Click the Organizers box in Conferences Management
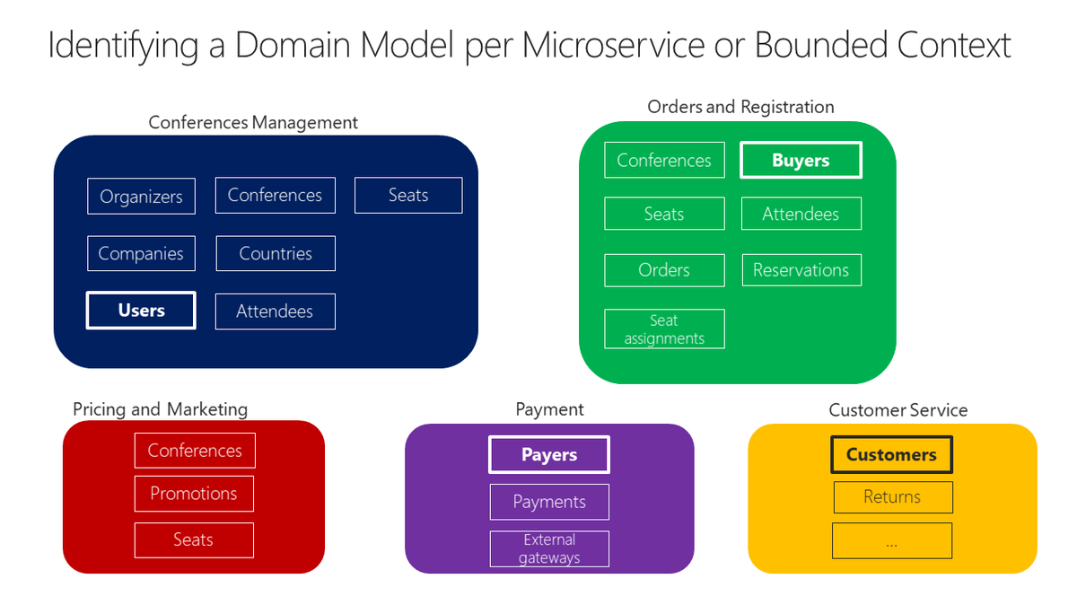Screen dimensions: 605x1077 [141, 197]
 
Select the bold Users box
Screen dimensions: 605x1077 [141, 311]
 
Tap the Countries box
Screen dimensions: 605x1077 [276, 253]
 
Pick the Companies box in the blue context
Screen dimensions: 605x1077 [141, 253]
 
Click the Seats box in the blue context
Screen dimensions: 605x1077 [408, 196]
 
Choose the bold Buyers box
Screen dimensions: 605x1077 [801, 161]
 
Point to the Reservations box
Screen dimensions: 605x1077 [801, 270]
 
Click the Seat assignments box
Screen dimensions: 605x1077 [664, 329]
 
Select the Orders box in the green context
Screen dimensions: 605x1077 [664, 270]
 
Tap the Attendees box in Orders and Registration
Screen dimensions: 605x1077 [801, 214]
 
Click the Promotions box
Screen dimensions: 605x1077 [194, 494]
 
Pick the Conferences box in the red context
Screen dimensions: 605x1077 [195, 451]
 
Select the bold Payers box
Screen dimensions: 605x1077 [549, 455]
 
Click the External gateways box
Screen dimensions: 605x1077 [549, 548]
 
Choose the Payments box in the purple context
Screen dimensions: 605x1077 [549, 502]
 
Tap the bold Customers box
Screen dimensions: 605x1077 [891, 455]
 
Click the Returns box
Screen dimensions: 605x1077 [892, 497]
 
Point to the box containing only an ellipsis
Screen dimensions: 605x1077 [892, 541]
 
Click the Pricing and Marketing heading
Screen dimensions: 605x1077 [160, 409]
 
